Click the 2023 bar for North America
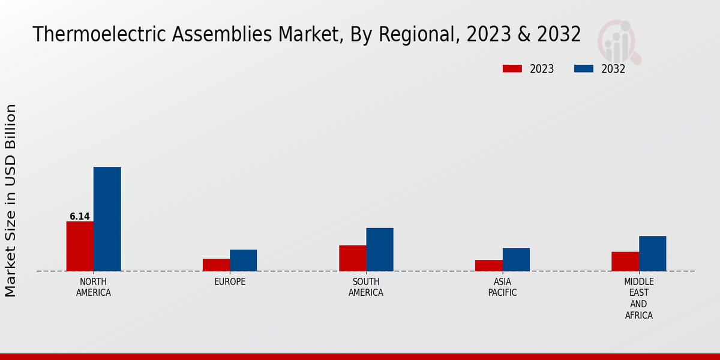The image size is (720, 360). pyautogui.click(x=80, y=246)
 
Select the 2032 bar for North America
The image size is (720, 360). pyautogui.click(x=107, y=219)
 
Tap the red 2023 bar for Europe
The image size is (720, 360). pyautogui.click(x=216, y=265)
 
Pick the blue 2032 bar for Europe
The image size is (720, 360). pyautogui.click(x=243, y=260)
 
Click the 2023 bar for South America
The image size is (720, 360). pyautogui.click(x=352, y=258)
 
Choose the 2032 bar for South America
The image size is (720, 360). pyautogui.click(x=380, y=249)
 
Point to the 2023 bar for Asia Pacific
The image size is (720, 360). pyautogui.click(x=488, y=265)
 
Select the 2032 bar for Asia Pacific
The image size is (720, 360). pyautogui.click(x=516, y=259)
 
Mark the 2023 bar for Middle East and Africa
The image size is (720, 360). pyautogui.click(x=625, y=261)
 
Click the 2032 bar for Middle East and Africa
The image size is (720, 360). pyautogui.click(x=652, y=253)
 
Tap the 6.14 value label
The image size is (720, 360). pyautogui.click(x=80, y=217)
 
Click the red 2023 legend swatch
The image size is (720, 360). pyautogui.click(x=512, y=68)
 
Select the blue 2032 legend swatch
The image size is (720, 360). pyautogui.click(x=583, y=68)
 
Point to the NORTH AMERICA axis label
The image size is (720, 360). pyautogui.click(x=94, y=287)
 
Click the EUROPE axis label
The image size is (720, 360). pyautogui.click(x=230, y=282)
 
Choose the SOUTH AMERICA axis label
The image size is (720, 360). pyautogui.click(x=366, y=287)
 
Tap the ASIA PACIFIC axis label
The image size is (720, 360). pyautogui.click(x=502, y=287)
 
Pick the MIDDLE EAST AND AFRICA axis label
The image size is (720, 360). pyautogui.click(x=638, y=298)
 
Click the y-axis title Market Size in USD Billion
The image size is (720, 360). pyautogui.click(x=11, y=200)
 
